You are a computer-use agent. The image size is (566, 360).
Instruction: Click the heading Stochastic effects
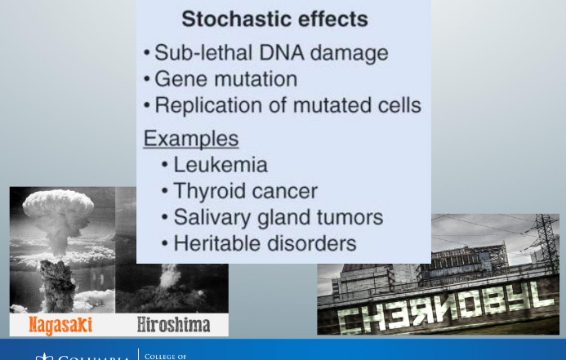274,19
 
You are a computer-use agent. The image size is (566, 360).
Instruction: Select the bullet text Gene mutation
225,80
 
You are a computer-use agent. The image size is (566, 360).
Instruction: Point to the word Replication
207,106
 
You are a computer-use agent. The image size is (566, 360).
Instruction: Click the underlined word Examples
191,138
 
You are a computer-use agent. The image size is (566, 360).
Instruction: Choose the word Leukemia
221,165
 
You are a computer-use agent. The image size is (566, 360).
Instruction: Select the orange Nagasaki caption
60,325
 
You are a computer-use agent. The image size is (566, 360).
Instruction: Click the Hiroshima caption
172,325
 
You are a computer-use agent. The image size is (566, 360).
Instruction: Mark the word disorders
314,243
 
